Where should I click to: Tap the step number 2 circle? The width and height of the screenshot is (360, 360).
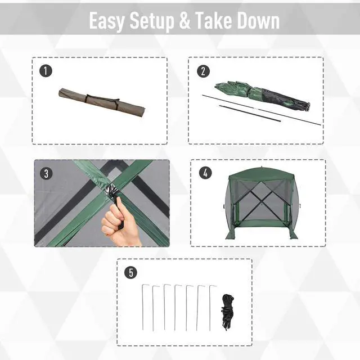point(202,71)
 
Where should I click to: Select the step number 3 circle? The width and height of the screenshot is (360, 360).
point(46,173)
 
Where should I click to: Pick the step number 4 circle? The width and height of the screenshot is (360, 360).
point(206,173)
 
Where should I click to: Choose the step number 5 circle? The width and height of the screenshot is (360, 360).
point(130,273)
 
